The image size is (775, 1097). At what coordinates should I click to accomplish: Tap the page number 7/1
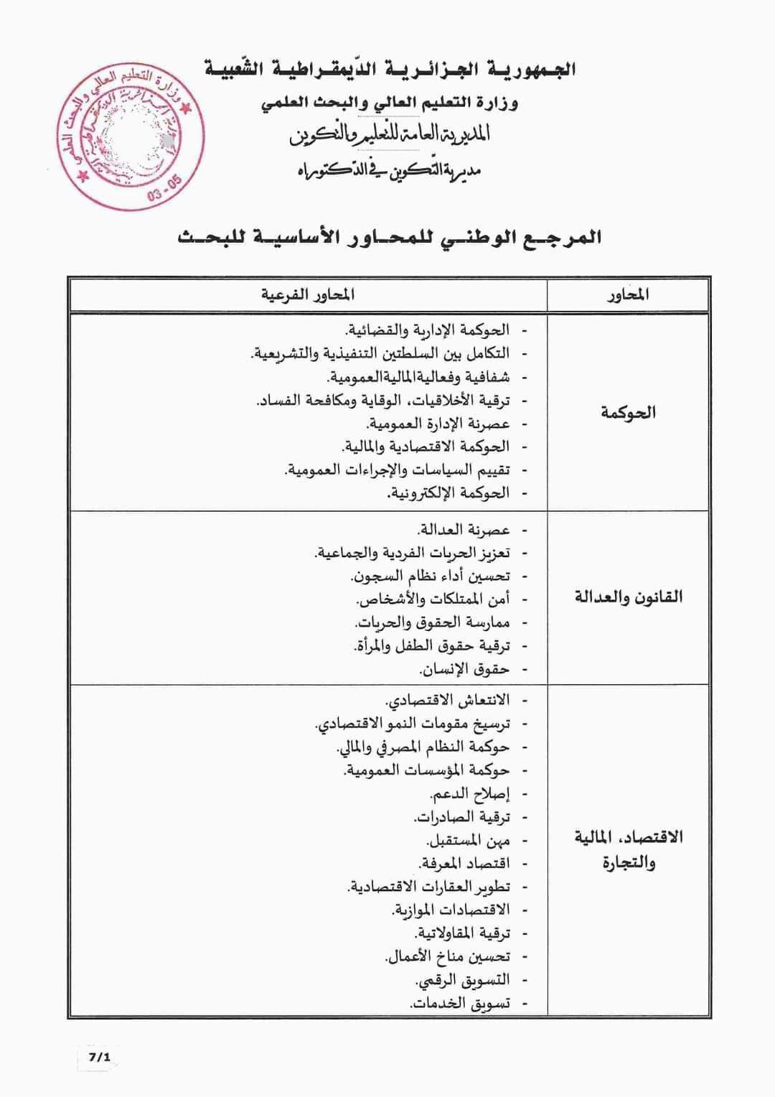pos(98,1058)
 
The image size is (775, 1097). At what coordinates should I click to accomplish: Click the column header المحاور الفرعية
pos(308,294)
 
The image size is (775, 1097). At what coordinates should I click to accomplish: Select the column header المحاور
pos(628,294)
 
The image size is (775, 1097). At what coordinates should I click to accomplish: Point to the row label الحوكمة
pos(628,412)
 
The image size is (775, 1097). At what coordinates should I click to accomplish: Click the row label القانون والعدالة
pos(628,597)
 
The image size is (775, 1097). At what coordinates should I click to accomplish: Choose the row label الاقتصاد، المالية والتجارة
pos(628,849)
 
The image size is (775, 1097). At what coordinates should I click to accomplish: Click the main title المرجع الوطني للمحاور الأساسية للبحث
pos(390,238)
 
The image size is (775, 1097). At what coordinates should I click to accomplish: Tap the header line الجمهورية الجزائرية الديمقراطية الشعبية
pos(390,70)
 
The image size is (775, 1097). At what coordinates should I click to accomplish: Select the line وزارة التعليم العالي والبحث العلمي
pos(390,103)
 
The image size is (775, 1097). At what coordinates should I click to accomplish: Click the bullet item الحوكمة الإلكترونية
pos(448,493)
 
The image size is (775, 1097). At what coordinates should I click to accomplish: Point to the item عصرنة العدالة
pos(464,530)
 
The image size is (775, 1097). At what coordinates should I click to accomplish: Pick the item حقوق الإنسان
pos(464,669)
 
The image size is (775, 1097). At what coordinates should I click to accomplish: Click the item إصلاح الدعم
pos(469,794)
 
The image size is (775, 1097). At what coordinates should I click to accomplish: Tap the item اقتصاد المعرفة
pos(464,863)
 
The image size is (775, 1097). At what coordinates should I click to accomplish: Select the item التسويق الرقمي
pos(463,980)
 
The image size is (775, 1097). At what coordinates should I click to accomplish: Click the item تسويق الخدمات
pos(460,1004)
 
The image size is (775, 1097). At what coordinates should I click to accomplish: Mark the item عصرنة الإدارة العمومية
pos(438,424)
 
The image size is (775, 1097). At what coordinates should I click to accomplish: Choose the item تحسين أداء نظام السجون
pos(431,576)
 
